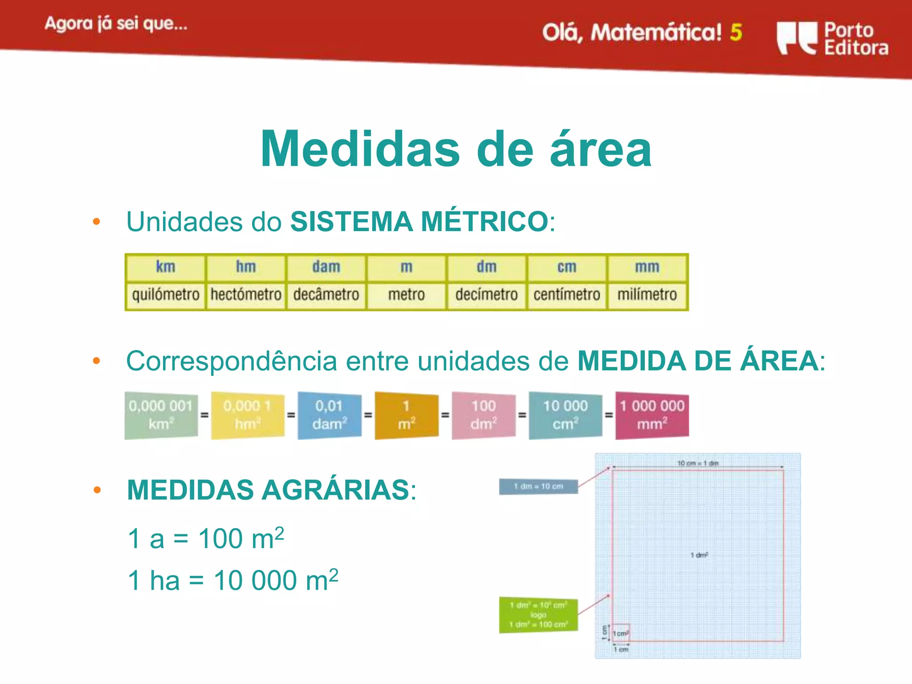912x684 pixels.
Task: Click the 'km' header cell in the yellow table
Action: (165, 267)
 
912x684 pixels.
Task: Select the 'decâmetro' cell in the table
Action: (326, 295)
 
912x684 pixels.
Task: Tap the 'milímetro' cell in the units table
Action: (647, 295)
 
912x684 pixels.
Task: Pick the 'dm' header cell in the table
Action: (486, 267)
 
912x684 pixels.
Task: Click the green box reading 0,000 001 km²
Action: (161, 415)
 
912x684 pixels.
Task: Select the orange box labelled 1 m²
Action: (406, 415)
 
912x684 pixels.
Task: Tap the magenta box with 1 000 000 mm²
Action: (652, 415)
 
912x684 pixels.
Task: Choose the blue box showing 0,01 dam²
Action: (329, 415)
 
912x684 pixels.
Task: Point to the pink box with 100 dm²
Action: (484, 415)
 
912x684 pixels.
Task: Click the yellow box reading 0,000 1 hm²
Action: (247, 415)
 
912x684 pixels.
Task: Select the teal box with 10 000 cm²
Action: (565, 415)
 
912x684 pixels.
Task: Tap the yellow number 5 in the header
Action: (736, 33)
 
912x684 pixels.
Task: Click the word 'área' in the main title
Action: (601, 150)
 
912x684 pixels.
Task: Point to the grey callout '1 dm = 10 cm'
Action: (538, 487)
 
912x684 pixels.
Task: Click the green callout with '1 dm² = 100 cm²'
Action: (538, 615)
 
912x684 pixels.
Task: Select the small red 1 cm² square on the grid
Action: (621, 633)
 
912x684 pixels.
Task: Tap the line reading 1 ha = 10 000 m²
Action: (233, 581)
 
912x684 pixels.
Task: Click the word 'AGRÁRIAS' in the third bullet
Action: (335, 490)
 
